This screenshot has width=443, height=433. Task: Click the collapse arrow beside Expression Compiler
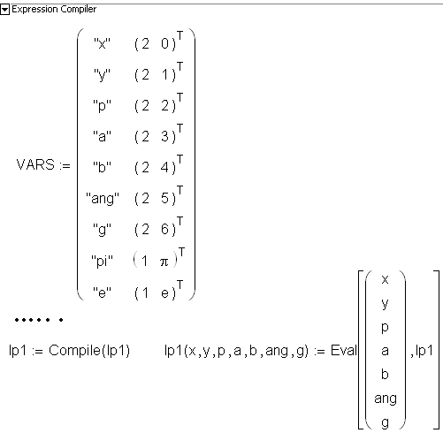(x=5, y=10)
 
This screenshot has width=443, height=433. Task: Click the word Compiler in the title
(x=79, y=10)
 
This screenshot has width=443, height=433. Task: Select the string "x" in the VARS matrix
(x=102, y=44)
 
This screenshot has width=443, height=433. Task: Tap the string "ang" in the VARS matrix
(x=103, y=198)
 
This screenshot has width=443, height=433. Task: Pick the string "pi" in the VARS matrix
(x=102, y=261)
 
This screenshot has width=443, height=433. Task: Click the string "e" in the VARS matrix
(x=102, y=292)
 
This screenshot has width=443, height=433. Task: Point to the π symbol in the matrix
(x=164, y=262)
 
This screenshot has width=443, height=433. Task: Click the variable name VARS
(x=35, y=164)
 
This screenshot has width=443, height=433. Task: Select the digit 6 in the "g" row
(x=164, y=229)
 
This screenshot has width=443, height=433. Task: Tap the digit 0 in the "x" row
(x=164, y=44)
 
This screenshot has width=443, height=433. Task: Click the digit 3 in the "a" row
(x=164, y=136)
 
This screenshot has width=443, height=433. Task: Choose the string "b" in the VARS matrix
(x=102, y=167)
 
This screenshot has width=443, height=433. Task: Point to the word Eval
(x=343, y=350)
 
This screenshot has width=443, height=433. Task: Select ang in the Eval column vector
(x=386, y=399)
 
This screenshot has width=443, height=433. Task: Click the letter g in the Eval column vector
(x=385, y=422)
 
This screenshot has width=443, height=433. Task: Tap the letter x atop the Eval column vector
(x=385, y=279)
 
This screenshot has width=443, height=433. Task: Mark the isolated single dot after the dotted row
(x=61, y=320)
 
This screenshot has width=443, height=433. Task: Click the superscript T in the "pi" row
(x=181, y=252)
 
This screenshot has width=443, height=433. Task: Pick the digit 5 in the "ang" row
(x=164, y=198)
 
